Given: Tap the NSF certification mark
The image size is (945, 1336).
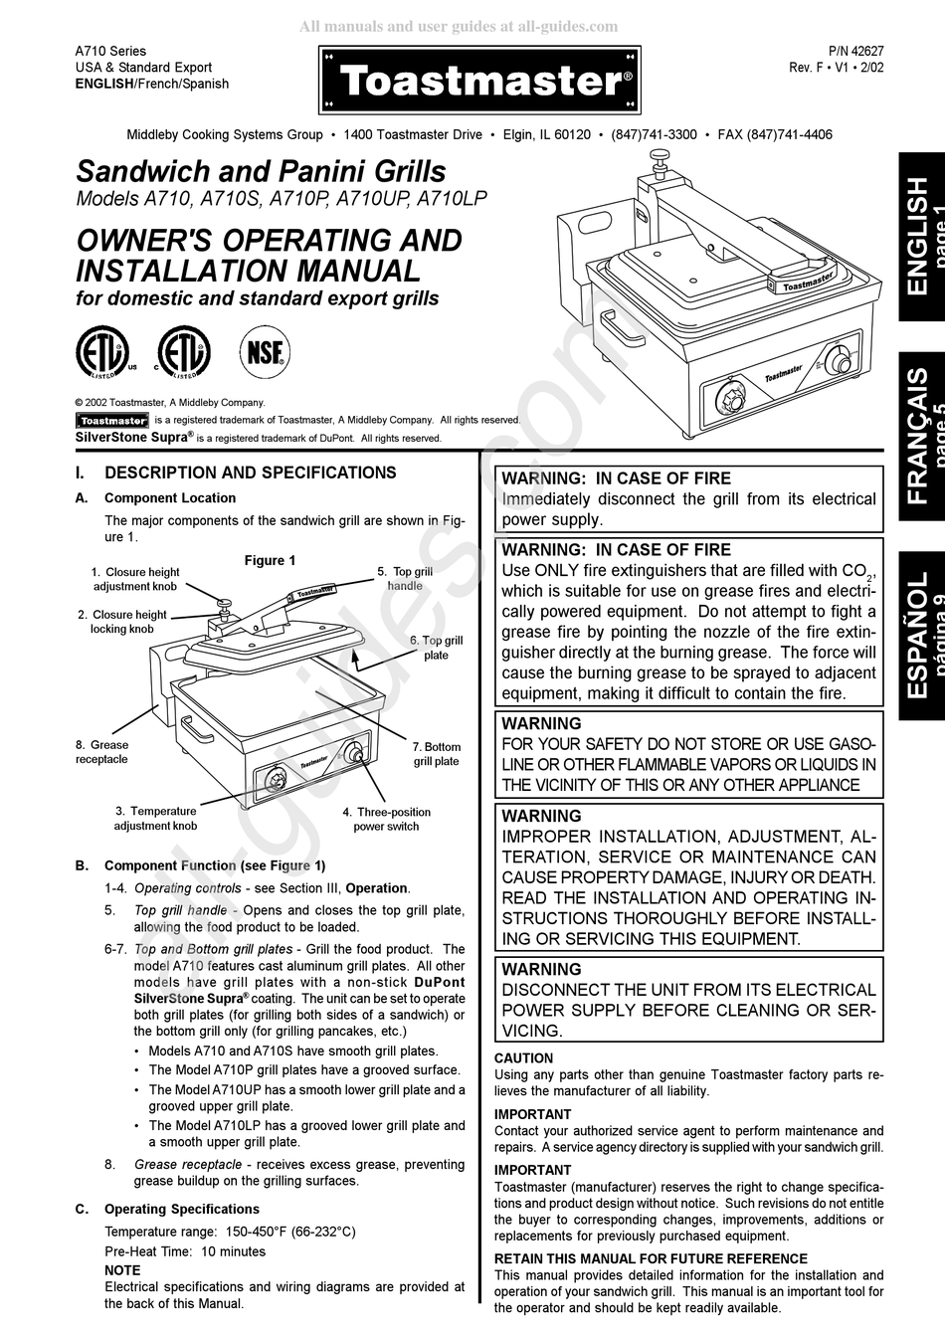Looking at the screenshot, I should coord(264,352).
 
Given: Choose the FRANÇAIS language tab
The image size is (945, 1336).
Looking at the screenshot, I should coord(921,436).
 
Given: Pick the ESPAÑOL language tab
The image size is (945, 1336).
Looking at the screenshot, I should coord(921,634).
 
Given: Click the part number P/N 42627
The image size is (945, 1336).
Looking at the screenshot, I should coord(828,51).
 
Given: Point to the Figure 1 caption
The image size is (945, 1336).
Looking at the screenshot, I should coord(270,560).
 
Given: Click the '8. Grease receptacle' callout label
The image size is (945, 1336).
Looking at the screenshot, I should coord(101,752).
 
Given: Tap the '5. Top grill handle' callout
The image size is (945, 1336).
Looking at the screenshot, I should coord(405,579).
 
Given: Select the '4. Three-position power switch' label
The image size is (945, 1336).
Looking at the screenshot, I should coord(387,819).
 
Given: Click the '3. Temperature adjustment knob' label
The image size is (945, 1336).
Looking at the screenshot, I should coord(156,819).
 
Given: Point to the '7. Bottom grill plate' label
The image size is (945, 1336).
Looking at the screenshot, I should coord(437,754).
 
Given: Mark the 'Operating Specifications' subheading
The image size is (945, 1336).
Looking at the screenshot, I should coord(181,1209).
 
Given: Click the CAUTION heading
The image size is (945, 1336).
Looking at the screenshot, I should coord(523,1058).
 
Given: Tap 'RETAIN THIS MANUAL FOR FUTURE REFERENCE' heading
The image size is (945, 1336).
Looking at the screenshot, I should coord(651,1258).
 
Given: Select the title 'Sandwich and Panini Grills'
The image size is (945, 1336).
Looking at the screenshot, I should coord(262,171).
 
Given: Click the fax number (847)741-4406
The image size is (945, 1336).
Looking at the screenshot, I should coord(775,134).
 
